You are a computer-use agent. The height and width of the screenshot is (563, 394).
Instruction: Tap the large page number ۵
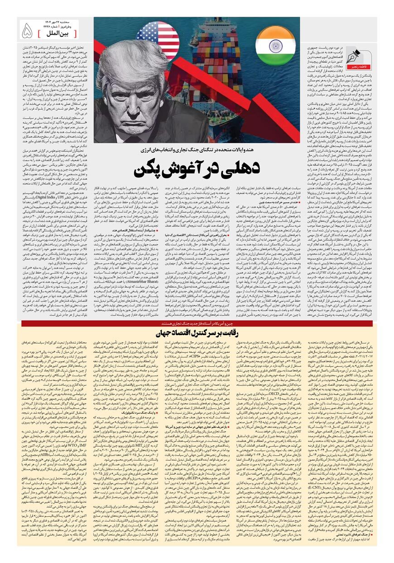click(28, 31)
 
